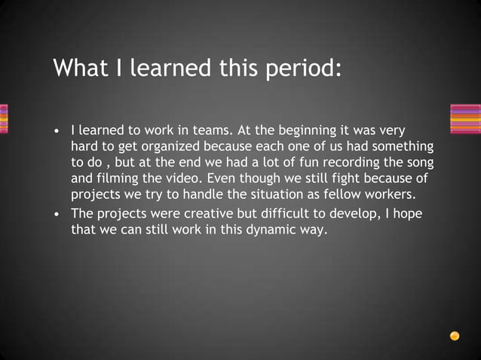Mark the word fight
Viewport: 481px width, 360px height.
349,178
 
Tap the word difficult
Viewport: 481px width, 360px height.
287,214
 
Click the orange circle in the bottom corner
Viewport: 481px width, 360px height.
455,336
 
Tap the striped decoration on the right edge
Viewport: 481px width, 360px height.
464,119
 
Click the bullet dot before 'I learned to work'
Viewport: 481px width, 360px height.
57,130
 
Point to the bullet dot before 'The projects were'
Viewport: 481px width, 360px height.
57,215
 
